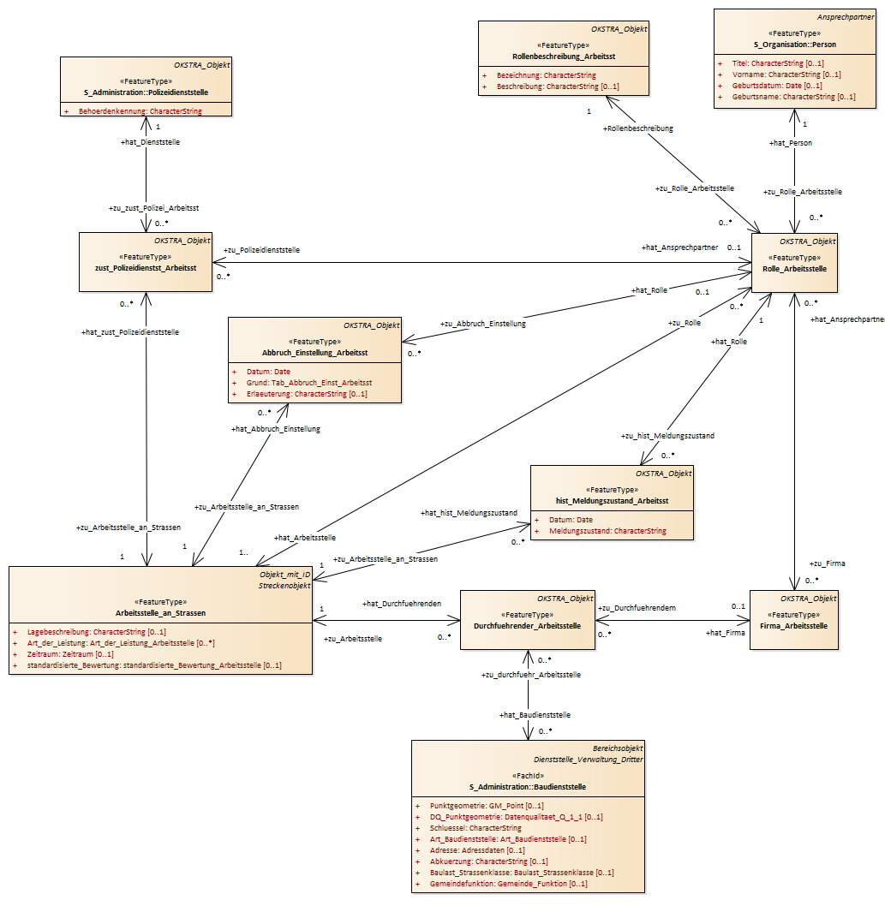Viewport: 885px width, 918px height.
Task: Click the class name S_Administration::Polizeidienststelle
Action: pyautogui.click(x=146, y=92)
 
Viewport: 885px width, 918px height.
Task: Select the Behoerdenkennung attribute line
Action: pyautogui.click(x=140, y=111)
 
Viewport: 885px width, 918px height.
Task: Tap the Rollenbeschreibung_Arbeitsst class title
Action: pyautogui.click(x=564, y=57)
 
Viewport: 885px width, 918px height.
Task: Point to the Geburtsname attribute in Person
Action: pyautogui.click(x=793, y=97)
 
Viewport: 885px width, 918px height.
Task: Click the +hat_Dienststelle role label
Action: pyautogui.click(x=151, y=142)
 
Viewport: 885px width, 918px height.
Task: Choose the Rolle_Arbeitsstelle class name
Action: pyautogui.click(x=794, y=269)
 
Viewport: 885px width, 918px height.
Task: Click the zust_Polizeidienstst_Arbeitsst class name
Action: pyautogui.click(x=146, y=268)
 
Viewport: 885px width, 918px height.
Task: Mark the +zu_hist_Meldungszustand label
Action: pyautogui.click(x=667, y=436)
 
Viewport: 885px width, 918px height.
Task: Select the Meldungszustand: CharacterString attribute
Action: pyautogui.click(x=607, y=531)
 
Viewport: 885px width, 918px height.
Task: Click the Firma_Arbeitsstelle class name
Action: pyautogui.click(x=793, y=626)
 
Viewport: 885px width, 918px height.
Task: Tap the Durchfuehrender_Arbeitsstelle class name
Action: pyautogui.click(x=527, y=626)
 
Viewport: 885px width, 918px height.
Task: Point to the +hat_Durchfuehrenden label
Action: pyautogui.click(x=402, y=604)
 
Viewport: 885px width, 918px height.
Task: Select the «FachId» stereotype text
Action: pyautogui.click(x=528, y=776)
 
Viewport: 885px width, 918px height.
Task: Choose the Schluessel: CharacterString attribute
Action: pyautogui.click(x=475, y=828)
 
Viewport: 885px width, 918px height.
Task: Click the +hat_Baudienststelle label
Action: pyautogui.click(x=535, y=715)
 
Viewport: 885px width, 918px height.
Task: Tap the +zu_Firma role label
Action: pyautogui.click(x=827, y=563)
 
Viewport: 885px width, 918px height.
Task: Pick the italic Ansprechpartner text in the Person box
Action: pyautogui.click(x=846, y=17)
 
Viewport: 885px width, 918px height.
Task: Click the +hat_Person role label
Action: pyautogui.click(x=791, y=143)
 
